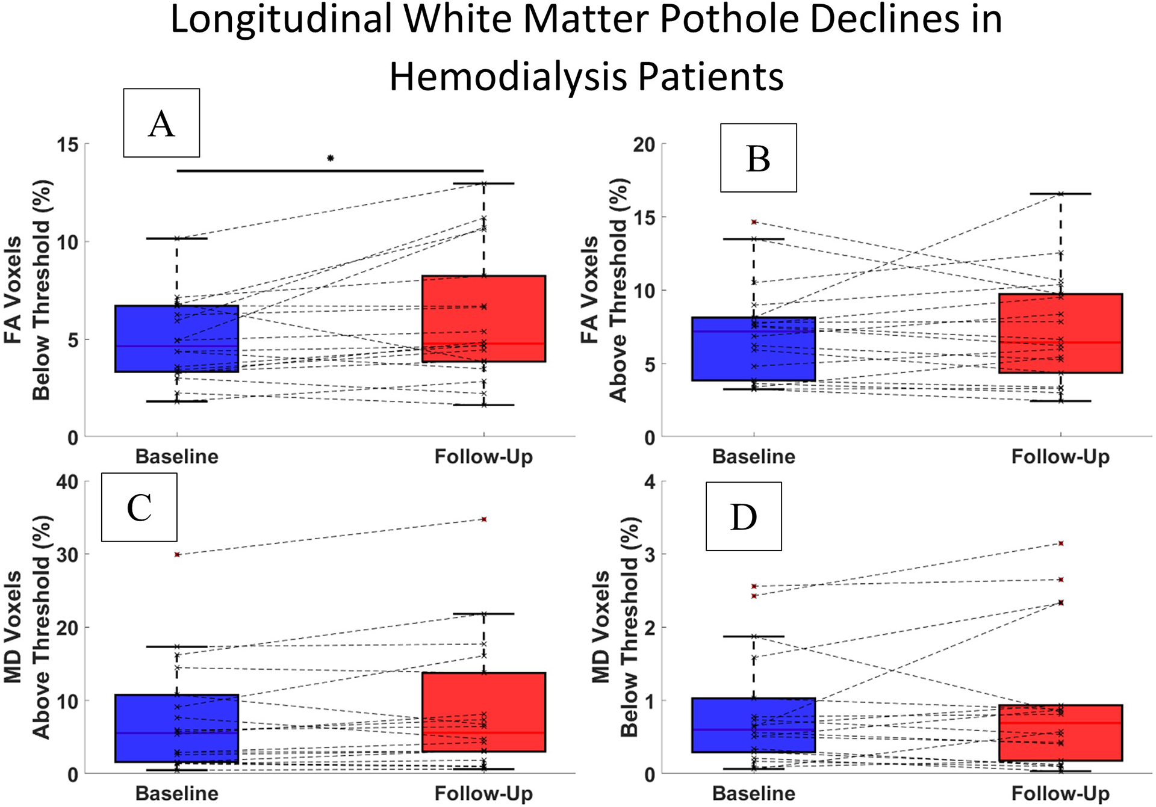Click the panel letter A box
click(161, 123)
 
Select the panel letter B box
click(758, 158)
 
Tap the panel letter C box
click(139, 507)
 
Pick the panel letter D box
click(744, 516)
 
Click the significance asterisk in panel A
click(331, 159)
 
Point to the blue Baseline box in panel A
click(177, 339)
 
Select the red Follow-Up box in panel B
click(1060, 333)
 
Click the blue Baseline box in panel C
click(177, 728)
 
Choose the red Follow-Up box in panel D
click(1060, 733)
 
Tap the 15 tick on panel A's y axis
click(68, 144)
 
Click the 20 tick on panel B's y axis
click(644, 144)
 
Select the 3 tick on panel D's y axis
click(649, 554)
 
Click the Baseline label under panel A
click(177, 457)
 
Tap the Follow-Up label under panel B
click(1060, 457)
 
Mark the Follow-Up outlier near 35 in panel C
click(484, 519)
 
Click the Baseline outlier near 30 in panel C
click(177, 554)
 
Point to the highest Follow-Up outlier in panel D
click(1061, 543)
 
